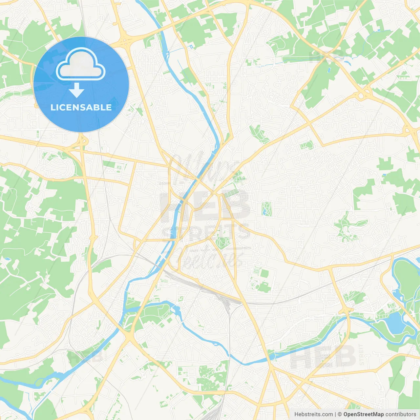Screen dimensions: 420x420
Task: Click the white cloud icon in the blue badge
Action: pyautogui.click(x=81, y=64)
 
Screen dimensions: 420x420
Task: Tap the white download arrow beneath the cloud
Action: pyautogui.click(x=76, y=90)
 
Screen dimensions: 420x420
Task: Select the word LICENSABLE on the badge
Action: pyautogui.click(x=81, y=107)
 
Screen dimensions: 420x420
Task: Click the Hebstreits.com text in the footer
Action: pyautogui.click(x=313, y=414)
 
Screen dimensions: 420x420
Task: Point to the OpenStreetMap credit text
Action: pyautogui.click(x=363, y=414)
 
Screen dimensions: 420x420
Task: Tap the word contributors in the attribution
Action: pyautogui.click(x=401, y=414)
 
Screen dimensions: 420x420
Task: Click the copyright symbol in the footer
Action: pyautogui.click(x=340, y=414)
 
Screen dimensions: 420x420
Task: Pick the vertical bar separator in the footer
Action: pyautogui.click(x=335, y=414)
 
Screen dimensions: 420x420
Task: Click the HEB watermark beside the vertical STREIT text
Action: pyautogui.click(x=323, y=356)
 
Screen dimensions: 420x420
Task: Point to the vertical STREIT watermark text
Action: pyautogui.click(x=361, y=354)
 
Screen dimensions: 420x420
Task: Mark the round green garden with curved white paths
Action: pyautogui.click(x=223, y=242)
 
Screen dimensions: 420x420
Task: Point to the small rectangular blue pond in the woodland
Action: pyautogui.click(x=7, y=259)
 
